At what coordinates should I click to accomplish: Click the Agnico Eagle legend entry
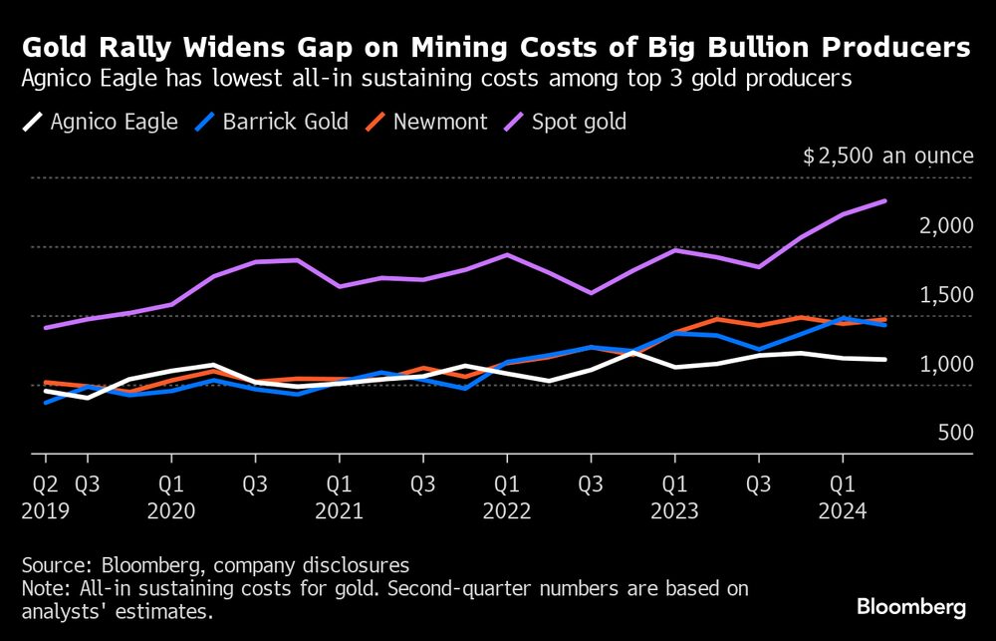(x=101, y=123)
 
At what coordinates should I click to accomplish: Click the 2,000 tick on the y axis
(x=945, y=226)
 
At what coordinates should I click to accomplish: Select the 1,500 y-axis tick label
(x=945, y=295)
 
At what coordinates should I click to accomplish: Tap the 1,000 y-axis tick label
(x=945, y=365)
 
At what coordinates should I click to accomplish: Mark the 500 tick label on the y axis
(x=953, y=434)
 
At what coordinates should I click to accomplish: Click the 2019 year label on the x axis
(x=45, y=509)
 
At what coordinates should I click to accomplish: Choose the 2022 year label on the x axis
(x=507, y=509)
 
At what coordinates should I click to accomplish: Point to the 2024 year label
(x=843, y=509)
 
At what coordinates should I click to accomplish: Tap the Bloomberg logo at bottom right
(x=911, y=607)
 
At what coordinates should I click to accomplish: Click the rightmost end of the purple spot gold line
(x=885, y=201)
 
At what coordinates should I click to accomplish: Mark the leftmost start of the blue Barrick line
(x=45, y=403)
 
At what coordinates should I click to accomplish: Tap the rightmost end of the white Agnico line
(x=885, y=360)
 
